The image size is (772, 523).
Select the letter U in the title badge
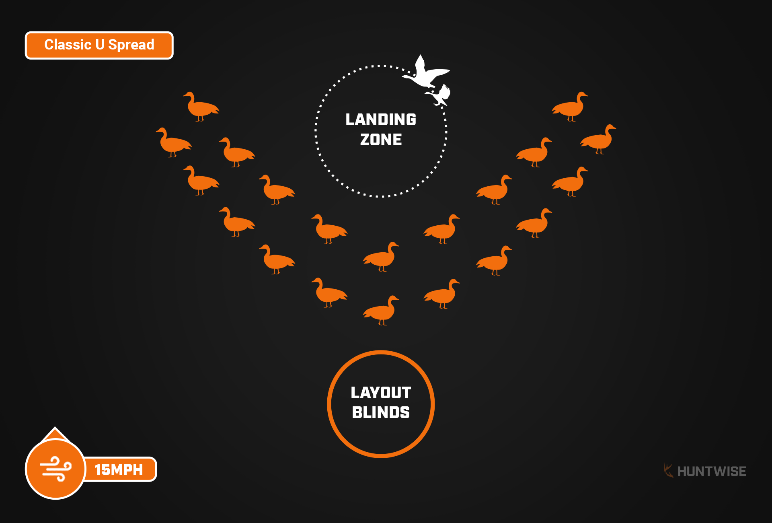pyautogui.click(x=100, y=45)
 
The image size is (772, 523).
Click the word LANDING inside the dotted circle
pyautogui.click(x=381, y=119)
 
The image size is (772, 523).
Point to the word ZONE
pyautogui.click(x=381, y=140)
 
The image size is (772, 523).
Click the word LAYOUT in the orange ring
pyautogui.click(x=381, y=393)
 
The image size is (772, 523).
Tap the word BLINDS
pyautogui.click(x=381, y=412)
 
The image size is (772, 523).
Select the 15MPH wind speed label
pyautogui.click(x=119, y=469)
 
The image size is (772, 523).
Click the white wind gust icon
pyautogui.click(x=55, y=469)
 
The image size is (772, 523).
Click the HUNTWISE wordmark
pyautogui.click(x=712, y=472)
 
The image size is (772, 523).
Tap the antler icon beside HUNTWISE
pyautogui.click(x=668, y=470)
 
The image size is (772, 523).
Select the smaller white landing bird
pyautogui.click(x=439, y=95)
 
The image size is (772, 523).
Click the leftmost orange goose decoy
pyautogui.click(x=173, y=142)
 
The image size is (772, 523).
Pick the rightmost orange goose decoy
pyautogui.click(x=599, y=139)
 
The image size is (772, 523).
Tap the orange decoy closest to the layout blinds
pyautogui.click(x=381, y=311)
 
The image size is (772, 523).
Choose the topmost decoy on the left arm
pyautogui.click(x=201, y=106)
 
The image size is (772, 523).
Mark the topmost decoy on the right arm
pyautogui.click(x=570, y=106)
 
